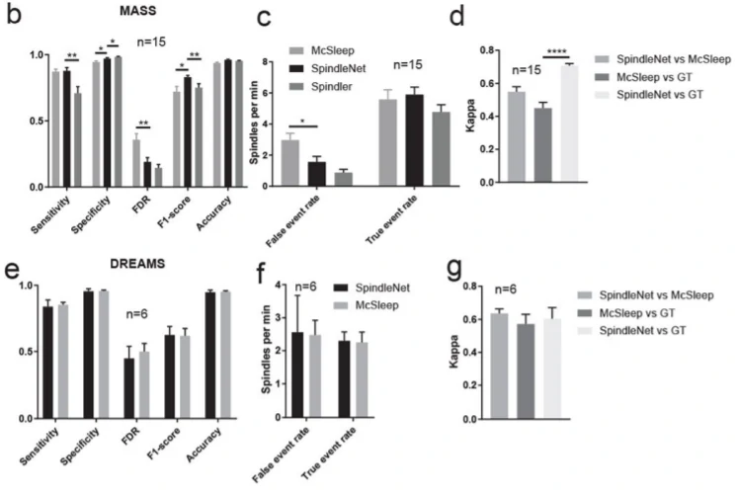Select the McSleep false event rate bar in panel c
point(290,163)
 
